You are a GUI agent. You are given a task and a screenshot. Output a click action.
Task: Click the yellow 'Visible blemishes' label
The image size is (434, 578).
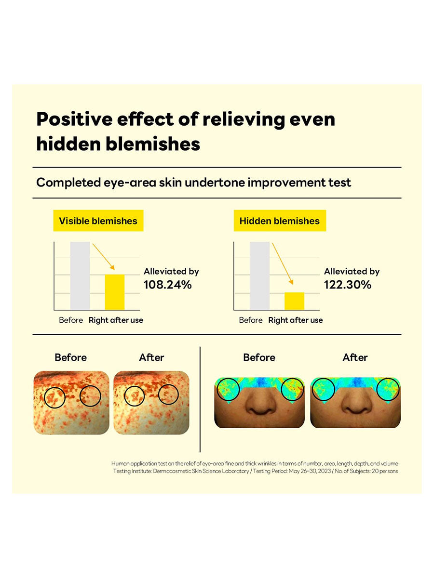[98, 221]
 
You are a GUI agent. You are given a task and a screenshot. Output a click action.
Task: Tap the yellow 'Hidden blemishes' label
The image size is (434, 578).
[280, 221]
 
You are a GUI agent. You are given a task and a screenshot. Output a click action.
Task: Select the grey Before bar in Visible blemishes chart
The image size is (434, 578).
[80, 276]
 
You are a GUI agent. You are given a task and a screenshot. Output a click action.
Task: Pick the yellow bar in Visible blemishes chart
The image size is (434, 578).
[115, 292]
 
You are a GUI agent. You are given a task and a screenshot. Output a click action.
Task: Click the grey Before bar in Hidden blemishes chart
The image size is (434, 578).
[260, 276]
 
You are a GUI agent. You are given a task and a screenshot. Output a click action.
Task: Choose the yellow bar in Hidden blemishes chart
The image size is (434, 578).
[294, 301]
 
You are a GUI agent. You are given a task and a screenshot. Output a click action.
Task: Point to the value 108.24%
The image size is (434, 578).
[168, 285]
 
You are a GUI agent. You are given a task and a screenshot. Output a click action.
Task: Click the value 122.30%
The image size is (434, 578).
[348, 285]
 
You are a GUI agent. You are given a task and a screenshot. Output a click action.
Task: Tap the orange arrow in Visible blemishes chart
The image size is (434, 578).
[104, 257]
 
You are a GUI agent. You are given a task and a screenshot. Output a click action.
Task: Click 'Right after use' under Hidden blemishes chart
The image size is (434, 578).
[296, 320]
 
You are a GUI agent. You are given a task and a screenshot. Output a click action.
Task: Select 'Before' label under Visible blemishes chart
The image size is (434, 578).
[71, 320]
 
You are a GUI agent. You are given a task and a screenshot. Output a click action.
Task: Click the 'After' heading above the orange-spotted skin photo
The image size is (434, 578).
[151, 357]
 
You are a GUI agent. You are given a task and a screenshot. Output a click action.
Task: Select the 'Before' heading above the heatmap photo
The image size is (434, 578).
[259, 357]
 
